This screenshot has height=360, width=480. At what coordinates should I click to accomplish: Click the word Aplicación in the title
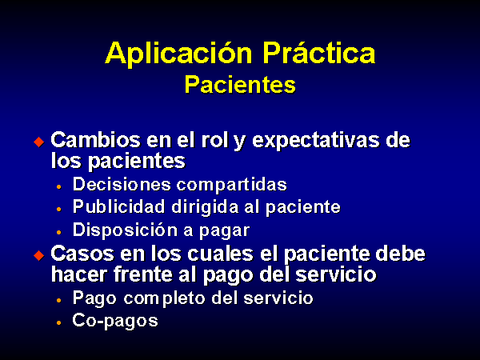click(178, 53)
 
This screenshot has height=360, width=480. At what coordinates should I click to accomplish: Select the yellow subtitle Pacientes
click(240, 85)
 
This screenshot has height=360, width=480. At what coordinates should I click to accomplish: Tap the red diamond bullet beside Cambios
click(39, 142)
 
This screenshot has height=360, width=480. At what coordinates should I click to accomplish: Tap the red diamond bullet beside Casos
click(39, 255)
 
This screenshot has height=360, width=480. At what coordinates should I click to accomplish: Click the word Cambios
click(95, 140)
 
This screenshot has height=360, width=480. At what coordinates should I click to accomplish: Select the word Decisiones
click(122, 184)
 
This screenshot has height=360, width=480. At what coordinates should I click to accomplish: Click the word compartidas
click(232, 186)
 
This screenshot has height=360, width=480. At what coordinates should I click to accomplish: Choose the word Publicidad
click(119, 206)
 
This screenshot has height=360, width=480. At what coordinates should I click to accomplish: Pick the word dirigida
click(205, 207)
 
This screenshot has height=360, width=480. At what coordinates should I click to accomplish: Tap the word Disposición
click(126, 230)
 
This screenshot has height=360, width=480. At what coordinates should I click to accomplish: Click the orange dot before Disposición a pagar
click(58, 232)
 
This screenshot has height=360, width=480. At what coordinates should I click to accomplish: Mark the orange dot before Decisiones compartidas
click(58, 186)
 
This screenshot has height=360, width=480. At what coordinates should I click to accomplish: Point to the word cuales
click(221, 254)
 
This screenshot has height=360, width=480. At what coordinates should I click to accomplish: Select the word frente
click(143, 274)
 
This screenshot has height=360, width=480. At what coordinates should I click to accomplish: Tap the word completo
click(164, 298)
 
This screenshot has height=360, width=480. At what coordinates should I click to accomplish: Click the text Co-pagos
click(115, 321)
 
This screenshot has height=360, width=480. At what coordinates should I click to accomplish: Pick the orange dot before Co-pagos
click(58, 322)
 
